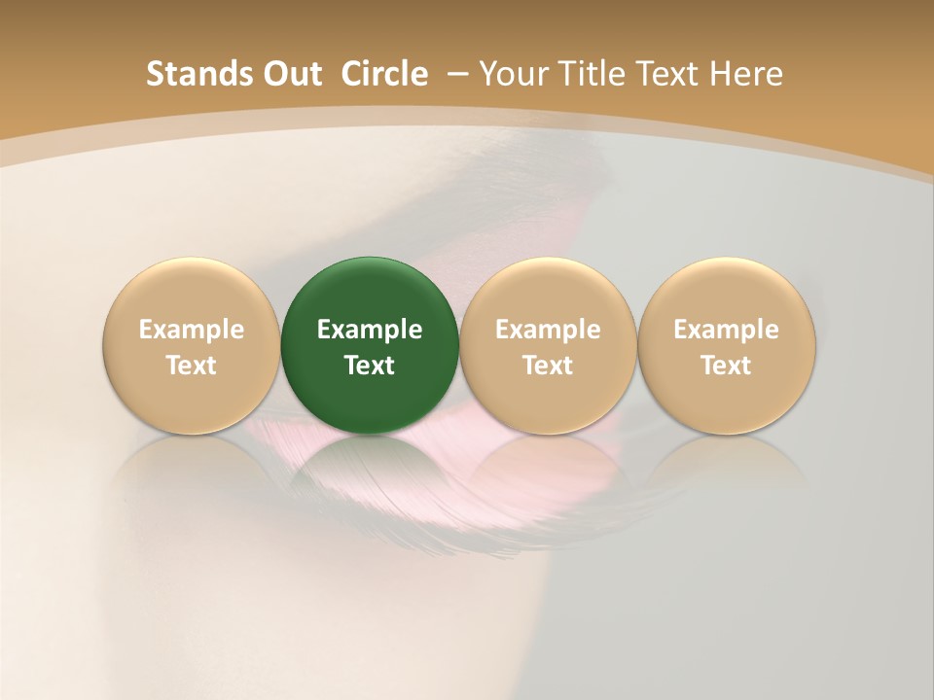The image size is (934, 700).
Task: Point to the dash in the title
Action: pyautogui.click(x=455, y=74)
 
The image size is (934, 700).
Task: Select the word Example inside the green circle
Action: pyautogui.click(x=369, y=330)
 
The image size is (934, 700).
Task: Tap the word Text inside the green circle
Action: pyautogui.click(x=369, y=366)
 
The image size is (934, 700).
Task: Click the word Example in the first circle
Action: pyautogui.click(x=191, y=330)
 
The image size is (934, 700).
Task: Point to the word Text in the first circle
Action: pyautogui.click(x=191, y=366)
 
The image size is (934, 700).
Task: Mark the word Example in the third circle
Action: pyautogui.click(x=548, y=330)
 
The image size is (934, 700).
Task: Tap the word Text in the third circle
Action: pyautogui.click(x=548, y=366)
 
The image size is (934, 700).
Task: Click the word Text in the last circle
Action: pyautogui.click(x=726, y=366)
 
